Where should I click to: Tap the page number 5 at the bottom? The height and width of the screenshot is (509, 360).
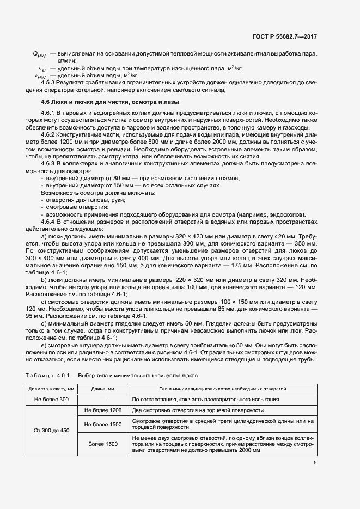pyautogui.click(x=315, y=463)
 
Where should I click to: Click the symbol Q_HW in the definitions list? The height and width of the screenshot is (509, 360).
pyautogui.click(x=39, y=54)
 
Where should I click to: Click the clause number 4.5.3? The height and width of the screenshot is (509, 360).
pyautogui.click(x=51, y=82)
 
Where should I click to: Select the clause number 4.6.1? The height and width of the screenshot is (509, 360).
pyautogui.click(x=51, y=112)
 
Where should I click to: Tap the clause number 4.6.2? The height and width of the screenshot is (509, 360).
pyautogui.click(x=51, y=133)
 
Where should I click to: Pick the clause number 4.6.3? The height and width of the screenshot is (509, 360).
pyautogui.click(x=51, y=163)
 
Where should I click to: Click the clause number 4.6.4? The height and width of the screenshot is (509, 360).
pyautogui.click(x=51, y=221)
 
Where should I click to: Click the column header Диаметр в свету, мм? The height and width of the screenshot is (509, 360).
pyautogui.click(x=52, y=389)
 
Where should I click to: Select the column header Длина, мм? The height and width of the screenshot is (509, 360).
pyautogui.click(x=102, y=389)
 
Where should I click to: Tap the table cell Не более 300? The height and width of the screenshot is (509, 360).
pyautogui.click(x=52, y=400)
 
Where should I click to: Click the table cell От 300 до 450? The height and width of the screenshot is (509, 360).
pyautogui.click(x=52, y=430)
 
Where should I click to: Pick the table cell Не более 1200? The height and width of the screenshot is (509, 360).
pyautogui.click(x=102, y=410)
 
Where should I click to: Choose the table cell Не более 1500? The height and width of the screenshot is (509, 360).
pyautogui.click(x=102, y=424)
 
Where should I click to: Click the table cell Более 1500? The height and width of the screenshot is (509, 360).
pyautogui.click(x=102, y=444)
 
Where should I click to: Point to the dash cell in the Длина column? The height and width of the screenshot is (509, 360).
pyautogui.click(x=102, y=400)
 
